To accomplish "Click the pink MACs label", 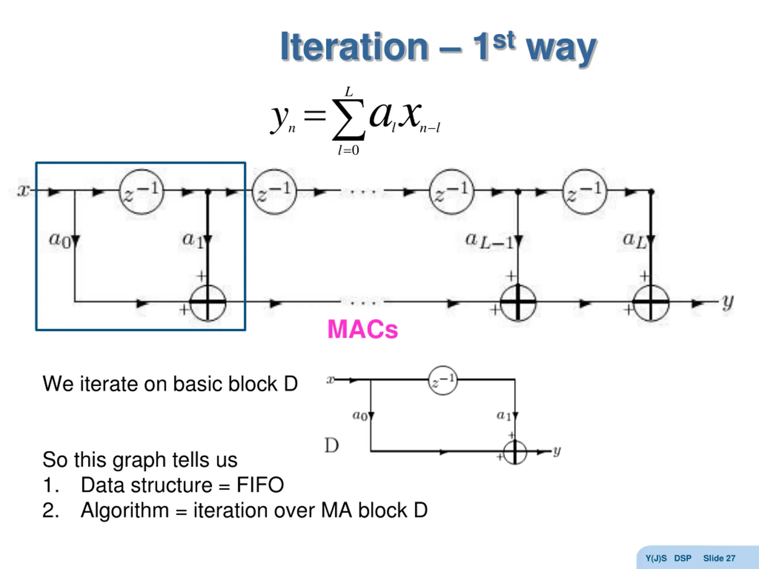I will tap(363, 329).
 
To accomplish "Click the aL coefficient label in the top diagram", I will tap(634, 240).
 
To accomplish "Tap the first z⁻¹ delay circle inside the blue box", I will tap(141, 192).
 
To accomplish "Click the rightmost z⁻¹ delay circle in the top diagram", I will tap(585, 192).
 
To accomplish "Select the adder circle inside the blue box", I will tap(208, 303).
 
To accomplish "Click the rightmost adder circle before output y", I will tap(651, 303).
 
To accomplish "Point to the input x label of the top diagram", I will tap(23, 190).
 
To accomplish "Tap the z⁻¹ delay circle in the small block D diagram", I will tap(443, 380).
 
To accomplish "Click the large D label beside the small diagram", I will tap(331, 445).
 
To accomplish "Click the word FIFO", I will tap(260, 485).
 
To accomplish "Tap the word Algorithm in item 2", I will tap(125, 510).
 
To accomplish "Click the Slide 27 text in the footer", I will tap(719, 558).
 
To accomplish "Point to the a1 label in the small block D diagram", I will tap(504, 416).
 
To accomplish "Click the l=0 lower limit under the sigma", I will tap(348, 150).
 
